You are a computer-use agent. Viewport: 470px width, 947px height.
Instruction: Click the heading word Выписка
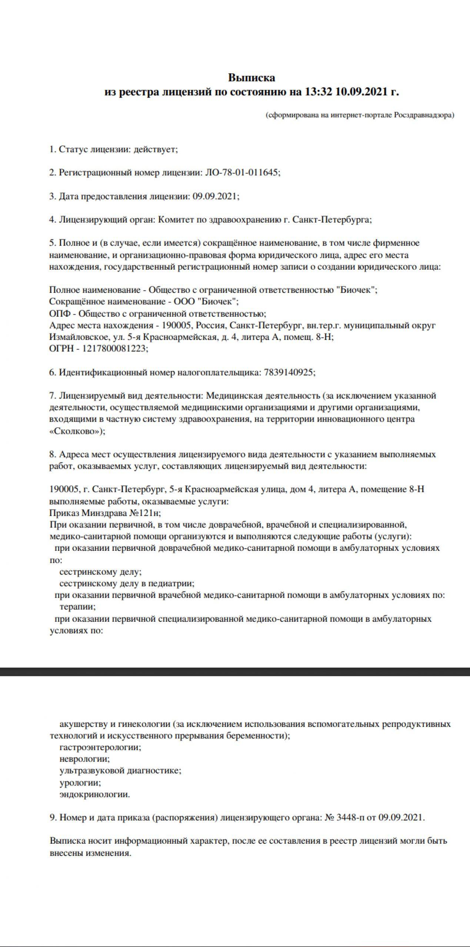point(251,78)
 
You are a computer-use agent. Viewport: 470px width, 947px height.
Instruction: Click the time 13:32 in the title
point(319,92)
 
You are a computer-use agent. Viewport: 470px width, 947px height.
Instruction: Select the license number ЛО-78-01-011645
point(242,173)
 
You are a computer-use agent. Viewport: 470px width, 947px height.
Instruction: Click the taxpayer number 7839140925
point(290,373)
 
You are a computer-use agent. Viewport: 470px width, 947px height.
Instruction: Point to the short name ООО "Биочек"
point(205,302)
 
